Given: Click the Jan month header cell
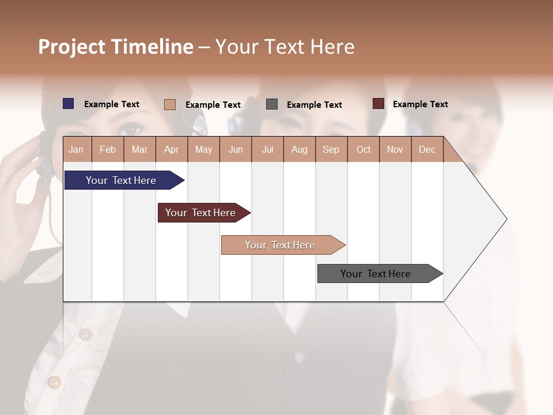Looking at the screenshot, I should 77,149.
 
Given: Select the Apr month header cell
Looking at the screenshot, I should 172,149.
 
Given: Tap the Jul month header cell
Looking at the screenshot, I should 267,149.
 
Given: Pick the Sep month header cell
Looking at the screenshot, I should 331,149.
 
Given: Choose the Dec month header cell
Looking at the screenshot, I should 427,149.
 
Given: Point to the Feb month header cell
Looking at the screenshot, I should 108,149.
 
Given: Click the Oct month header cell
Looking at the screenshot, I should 363,149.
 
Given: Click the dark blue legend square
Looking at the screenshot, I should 69,104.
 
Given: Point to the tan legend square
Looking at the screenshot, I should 170,104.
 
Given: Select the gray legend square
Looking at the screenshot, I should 272,104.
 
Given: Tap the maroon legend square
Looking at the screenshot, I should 378,104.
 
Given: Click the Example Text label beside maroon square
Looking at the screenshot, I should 420,104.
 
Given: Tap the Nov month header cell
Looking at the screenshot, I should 395,149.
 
